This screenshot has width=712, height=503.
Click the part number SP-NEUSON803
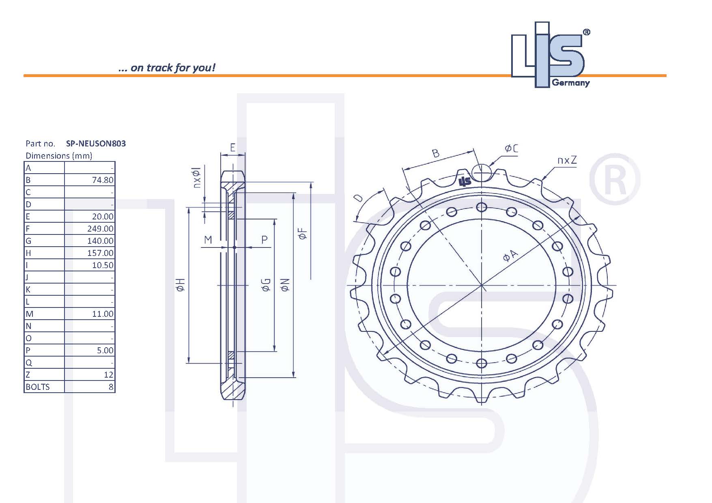96,143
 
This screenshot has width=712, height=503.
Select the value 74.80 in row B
103,180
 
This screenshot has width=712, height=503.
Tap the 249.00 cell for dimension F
100,229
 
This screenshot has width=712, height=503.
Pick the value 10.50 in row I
103,265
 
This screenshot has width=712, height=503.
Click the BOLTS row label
38,387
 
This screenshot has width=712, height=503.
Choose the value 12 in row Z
108,375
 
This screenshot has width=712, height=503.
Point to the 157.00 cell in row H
100,253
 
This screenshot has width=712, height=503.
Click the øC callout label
511,149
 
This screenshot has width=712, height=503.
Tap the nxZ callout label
567,160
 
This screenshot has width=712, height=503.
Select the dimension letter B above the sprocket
435,153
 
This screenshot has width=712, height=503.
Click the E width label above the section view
233,147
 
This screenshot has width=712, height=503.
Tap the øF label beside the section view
303,234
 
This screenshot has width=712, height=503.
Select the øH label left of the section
181,285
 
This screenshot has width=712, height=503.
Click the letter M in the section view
208,240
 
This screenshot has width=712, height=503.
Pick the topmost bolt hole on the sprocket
481,208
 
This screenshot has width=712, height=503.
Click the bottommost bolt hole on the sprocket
481,363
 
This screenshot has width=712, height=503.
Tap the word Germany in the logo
570,83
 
